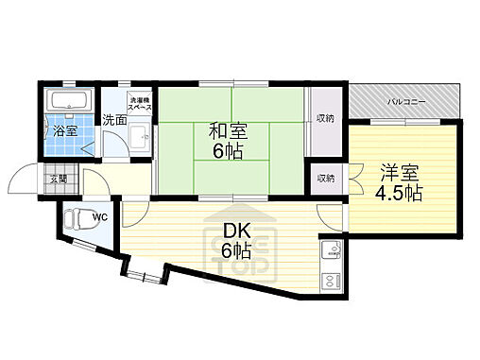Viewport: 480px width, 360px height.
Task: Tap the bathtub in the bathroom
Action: click(67, 102)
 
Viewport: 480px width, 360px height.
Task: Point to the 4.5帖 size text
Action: click(401, 194)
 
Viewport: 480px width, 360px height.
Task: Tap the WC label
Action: click(99, 216)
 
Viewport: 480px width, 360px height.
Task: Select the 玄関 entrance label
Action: click(57, 179)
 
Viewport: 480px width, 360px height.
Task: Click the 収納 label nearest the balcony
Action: click(325, 119)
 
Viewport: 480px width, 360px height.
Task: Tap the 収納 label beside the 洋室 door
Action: click(325, 178)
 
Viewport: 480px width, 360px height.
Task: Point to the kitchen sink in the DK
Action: click(332, 251)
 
